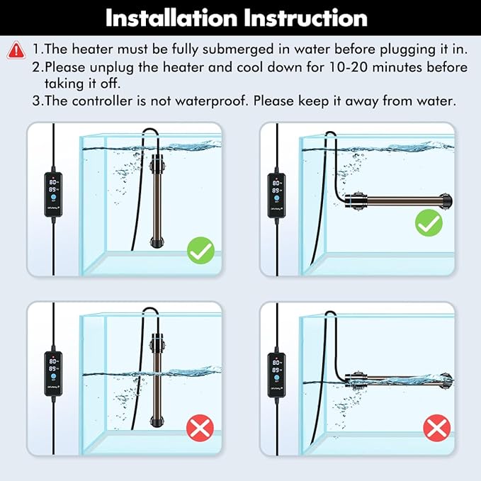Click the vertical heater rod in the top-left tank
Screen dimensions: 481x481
coord(154,198)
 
